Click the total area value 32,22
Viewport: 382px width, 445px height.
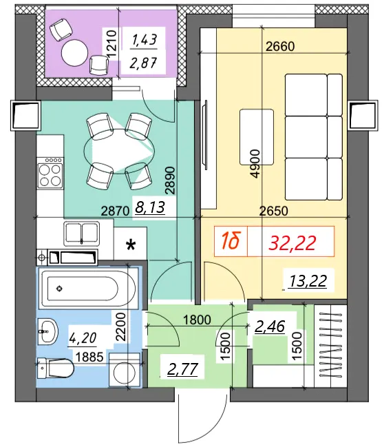point(293,243)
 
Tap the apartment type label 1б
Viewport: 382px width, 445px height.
point(231,241)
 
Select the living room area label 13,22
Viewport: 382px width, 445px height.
point(308,281)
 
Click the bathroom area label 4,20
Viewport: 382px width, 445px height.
point(83,338)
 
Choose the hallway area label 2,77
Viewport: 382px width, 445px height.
point(182,369)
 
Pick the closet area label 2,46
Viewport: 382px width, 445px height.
point(270,327)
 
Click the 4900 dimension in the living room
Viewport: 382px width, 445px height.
point(255,164)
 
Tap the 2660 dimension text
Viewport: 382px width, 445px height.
point(280,47)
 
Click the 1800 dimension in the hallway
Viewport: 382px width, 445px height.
point(197,320)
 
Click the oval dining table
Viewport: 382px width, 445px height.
point(119,151)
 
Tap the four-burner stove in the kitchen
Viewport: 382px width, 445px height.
point(50,172)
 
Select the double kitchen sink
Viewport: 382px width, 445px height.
point(82,234)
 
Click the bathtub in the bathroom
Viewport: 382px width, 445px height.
point(89,289)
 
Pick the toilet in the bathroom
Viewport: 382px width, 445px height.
point(56,368)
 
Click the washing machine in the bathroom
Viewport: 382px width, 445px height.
point(125,370)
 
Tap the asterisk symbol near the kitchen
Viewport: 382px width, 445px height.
point(131,245)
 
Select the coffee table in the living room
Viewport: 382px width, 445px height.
point(257,137)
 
